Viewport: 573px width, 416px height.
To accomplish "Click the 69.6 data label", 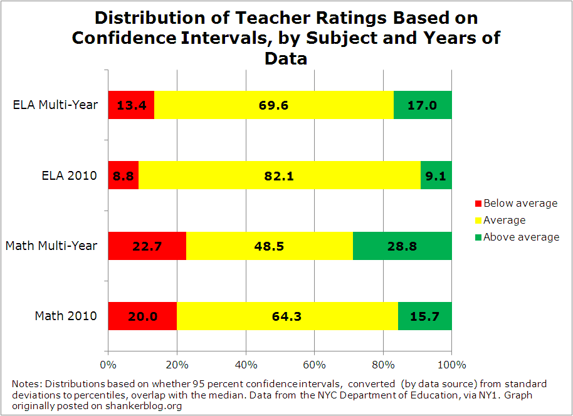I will click(x=273, y=105).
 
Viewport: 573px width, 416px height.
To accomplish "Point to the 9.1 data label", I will click(x=435, y=176).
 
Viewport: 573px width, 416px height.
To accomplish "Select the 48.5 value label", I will click(x=270, y=246).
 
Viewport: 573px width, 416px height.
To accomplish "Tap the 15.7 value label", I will click(x=424, y=316).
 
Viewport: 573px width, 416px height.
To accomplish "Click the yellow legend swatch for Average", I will click(x=478, y=221).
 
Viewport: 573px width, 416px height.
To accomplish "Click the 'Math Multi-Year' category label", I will click(x=51, y=246).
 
